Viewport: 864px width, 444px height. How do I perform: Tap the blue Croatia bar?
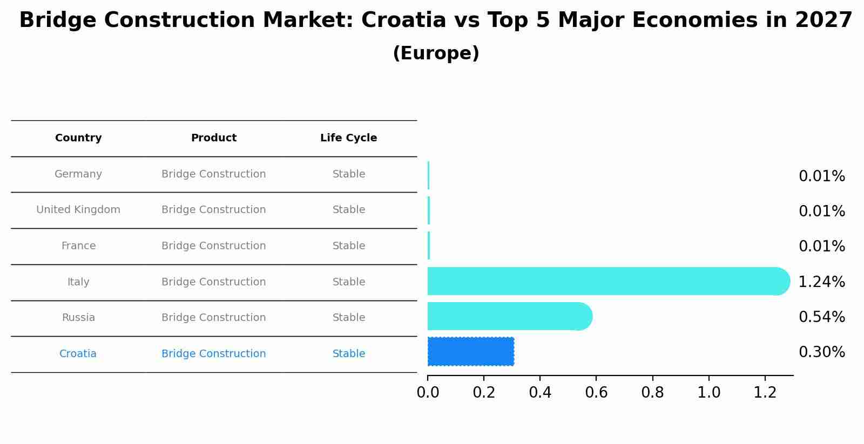(470, 352)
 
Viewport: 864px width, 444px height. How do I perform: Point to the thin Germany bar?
(428, 175)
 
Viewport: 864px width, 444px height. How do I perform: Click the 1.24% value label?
(821, 282)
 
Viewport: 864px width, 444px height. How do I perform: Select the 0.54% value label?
(821, 317)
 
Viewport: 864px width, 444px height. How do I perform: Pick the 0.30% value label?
(821, 352)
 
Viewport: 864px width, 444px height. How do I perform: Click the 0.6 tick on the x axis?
(596, 393)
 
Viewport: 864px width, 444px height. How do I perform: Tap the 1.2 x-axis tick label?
(765, 393)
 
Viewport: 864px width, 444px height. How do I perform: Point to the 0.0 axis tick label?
(428, 393)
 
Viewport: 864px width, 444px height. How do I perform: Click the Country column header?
(78, 138)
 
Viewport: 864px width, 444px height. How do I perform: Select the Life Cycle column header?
(348, 138)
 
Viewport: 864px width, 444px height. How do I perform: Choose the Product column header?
(213, 138)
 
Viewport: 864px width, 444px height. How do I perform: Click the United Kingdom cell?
(78, 210)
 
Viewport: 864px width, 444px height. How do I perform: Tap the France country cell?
(78, 246)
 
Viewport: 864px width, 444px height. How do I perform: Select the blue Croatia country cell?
(78, 354)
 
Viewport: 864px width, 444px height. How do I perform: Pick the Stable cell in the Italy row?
(348, 282)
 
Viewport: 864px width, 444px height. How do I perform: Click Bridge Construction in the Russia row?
(213, 318)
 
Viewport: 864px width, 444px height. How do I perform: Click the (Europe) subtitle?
(436, 53)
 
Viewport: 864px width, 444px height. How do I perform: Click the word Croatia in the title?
(403, 21)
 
